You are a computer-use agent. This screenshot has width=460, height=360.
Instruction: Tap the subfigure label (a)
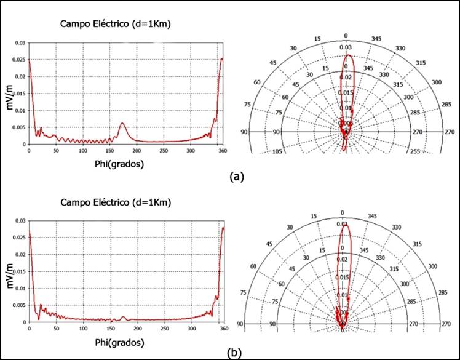(236, 177)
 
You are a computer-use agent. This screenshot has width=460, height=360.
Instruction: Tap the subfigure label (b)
(233, 352)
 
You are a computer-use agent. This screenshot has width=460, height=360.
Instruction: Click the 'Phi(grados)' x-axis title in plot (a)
(124, 165)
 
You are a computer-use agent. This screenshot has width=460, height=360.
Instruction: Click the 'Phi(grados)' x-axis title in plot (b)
(124, 342)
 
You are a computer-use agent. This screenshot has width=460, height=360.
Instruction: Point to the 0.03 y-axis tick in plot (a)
(20, 43)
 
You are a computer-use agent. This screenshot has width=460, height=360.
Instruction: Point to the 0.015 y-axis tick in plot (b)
(19, 271)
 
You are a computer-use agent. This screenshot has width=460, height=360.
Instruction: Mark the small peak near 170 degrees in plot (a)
(122, 124)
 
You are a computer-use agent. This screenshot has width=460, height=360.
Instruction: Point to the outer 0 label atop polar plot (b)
(343, 212)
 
